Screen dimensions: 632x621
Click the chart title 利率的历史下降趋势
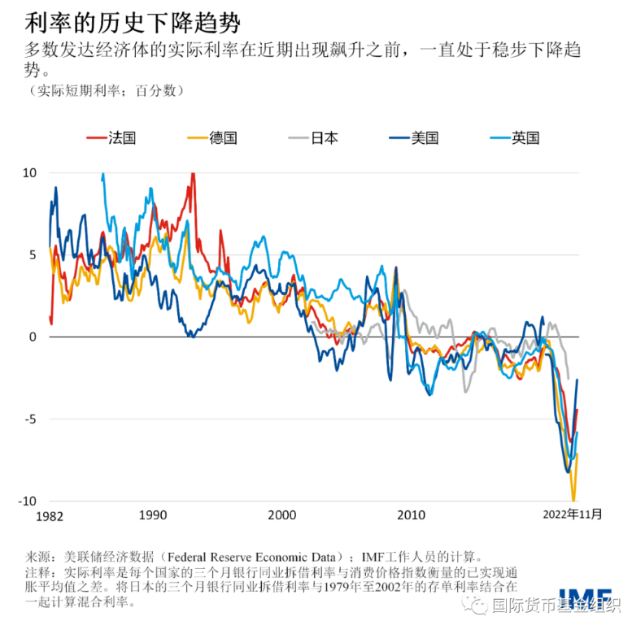point(133,23)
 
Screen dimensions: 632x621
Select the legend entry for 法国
point(111,138)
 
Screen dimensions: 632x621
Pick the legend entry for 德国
point(212,138)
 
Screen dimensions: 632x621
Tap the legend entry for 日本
point(313,138)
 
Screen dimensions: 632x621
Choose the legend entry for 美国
point(414,138)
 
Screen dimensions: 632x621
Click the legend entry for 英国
point(515,138)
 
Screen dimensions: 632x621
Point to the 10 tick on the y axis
point(29,173)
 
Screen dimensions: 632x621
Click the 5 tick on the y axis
point(33,255)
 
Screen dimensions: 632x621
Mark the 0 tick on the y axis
point(33,337)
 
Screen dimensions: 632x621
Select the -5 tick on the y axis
point(31,419)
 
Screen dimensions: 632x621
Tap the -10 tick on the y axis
point(28,502)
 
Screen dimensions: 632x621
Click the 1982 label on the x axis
point(50,516)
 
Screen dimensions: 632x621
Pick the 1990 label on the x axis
point(153,515)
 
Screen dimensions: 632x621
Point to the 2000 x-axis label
point(282,515)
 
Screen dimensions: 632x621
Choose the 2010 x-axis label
point(411,515)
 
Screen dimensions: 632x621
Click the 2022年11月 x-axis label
point(573,515)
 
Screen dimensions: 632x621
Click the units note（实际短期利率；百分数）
point(107,90)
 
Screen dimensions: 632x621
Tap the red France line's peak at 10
point(193,174)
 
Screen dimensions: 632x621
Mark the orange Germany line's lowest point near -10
point(573,499)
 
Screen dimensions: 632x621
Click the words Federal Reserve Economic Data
point(251,557)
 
